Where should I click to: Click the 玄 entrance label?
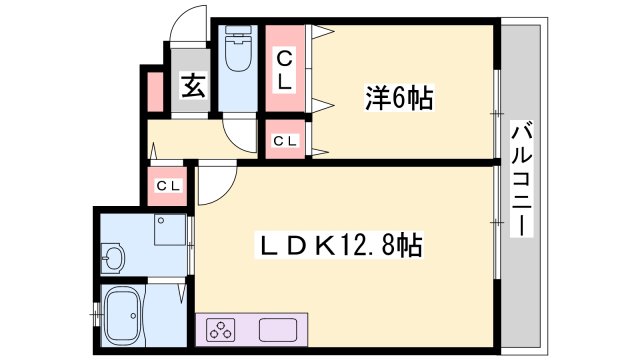(x=193, y=86)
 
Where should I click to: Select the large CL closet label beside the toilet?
(x=285, y=69)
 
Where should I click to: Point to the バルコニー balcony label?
(x=521, y=178)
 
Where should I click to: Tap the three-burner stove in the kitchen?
(x=220, y=330)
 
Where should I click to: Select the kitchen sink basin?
(x=282, y=330)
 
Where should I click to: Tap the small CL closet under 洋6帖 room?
(x=285, y=141)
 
